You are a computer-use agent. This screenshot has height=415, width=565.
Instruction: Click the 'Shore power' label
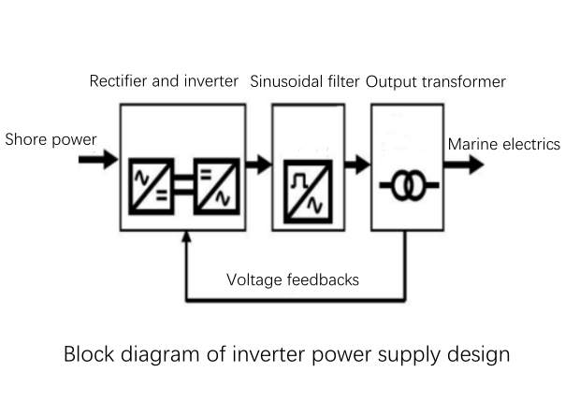[51, 139]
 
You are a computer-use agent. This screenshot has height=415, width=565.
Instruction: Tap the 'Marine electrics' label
[504, 144]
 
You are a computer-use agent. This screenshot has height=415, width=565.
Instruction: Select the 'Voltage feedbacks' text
[293, 280]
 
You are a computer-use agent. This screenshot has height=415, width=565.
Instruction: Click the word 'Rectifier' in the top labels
[119, 81]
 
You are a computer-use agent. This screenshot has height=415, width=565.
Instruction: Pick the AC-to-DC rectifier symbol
[152, 186]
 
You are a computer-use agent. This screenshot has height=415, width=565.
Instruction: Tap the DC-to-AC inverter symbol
[217, 186]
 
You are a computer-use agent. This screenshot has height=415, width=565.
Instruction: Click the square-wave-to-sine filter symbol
[308, 192]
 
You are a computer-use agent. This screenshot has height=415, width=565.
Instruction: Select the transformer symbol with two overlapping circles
[409, 185]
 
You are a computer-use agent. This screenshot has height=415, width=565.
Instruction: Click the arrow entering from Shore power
[98, 159]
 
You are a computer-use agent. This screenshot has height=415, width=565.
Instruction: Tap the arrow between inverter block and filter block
[259, 165]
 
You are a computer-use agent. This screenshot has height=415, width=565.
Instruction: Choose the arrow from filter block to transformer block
[357, 165]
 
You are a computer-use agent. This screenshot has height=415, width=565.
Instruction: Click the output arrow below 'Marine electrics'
[464, 165]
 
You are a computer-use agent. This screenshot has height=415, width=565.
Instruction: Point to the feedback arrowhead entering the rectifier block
[186, 236]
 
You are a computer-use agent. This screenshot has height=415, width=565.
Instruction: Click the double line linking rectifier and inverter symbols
[184, 185]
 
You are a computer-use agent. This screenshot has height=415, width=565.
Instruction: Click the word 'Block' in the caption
[89, 354]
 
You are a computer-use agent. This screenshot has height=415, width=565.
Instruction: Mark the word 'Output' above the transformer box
[392, 82]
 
